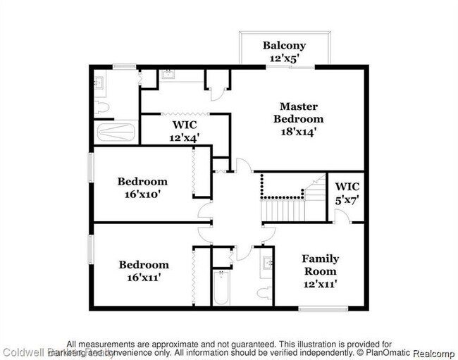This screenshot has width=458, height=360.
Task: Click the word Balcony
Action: pos(284,46)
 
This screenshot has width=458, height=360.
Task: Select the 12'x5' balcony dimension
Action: pos(284,59)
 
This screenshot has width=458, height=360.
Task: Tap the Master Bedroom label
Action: pos(298,113)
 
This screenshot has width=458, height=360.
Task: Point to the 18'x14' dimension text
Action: pos(298,131)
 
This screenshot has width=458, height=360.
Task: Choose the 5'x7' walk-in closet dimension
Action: pos(347,199)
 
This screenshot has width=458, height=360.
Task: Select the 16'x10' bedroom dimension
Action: pos(142,194)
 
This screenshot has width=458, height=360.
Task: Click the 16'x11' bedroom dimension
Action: pos(143,278)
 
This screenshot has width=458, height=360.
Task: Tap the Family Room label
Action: pos(320,265)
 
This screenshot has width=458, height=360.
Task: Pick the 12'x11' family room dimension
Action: pos(320,284)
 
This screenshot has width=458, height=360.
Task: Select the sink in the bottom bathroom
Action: pos(268,264)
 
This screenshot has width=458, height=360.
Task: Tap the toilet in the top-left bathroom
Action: pos(101,108)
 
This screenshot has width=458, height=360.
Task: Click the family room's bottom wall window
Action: pos(323,308)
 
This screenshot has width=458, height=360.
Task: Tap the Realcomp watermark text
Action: pos(433,352)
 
